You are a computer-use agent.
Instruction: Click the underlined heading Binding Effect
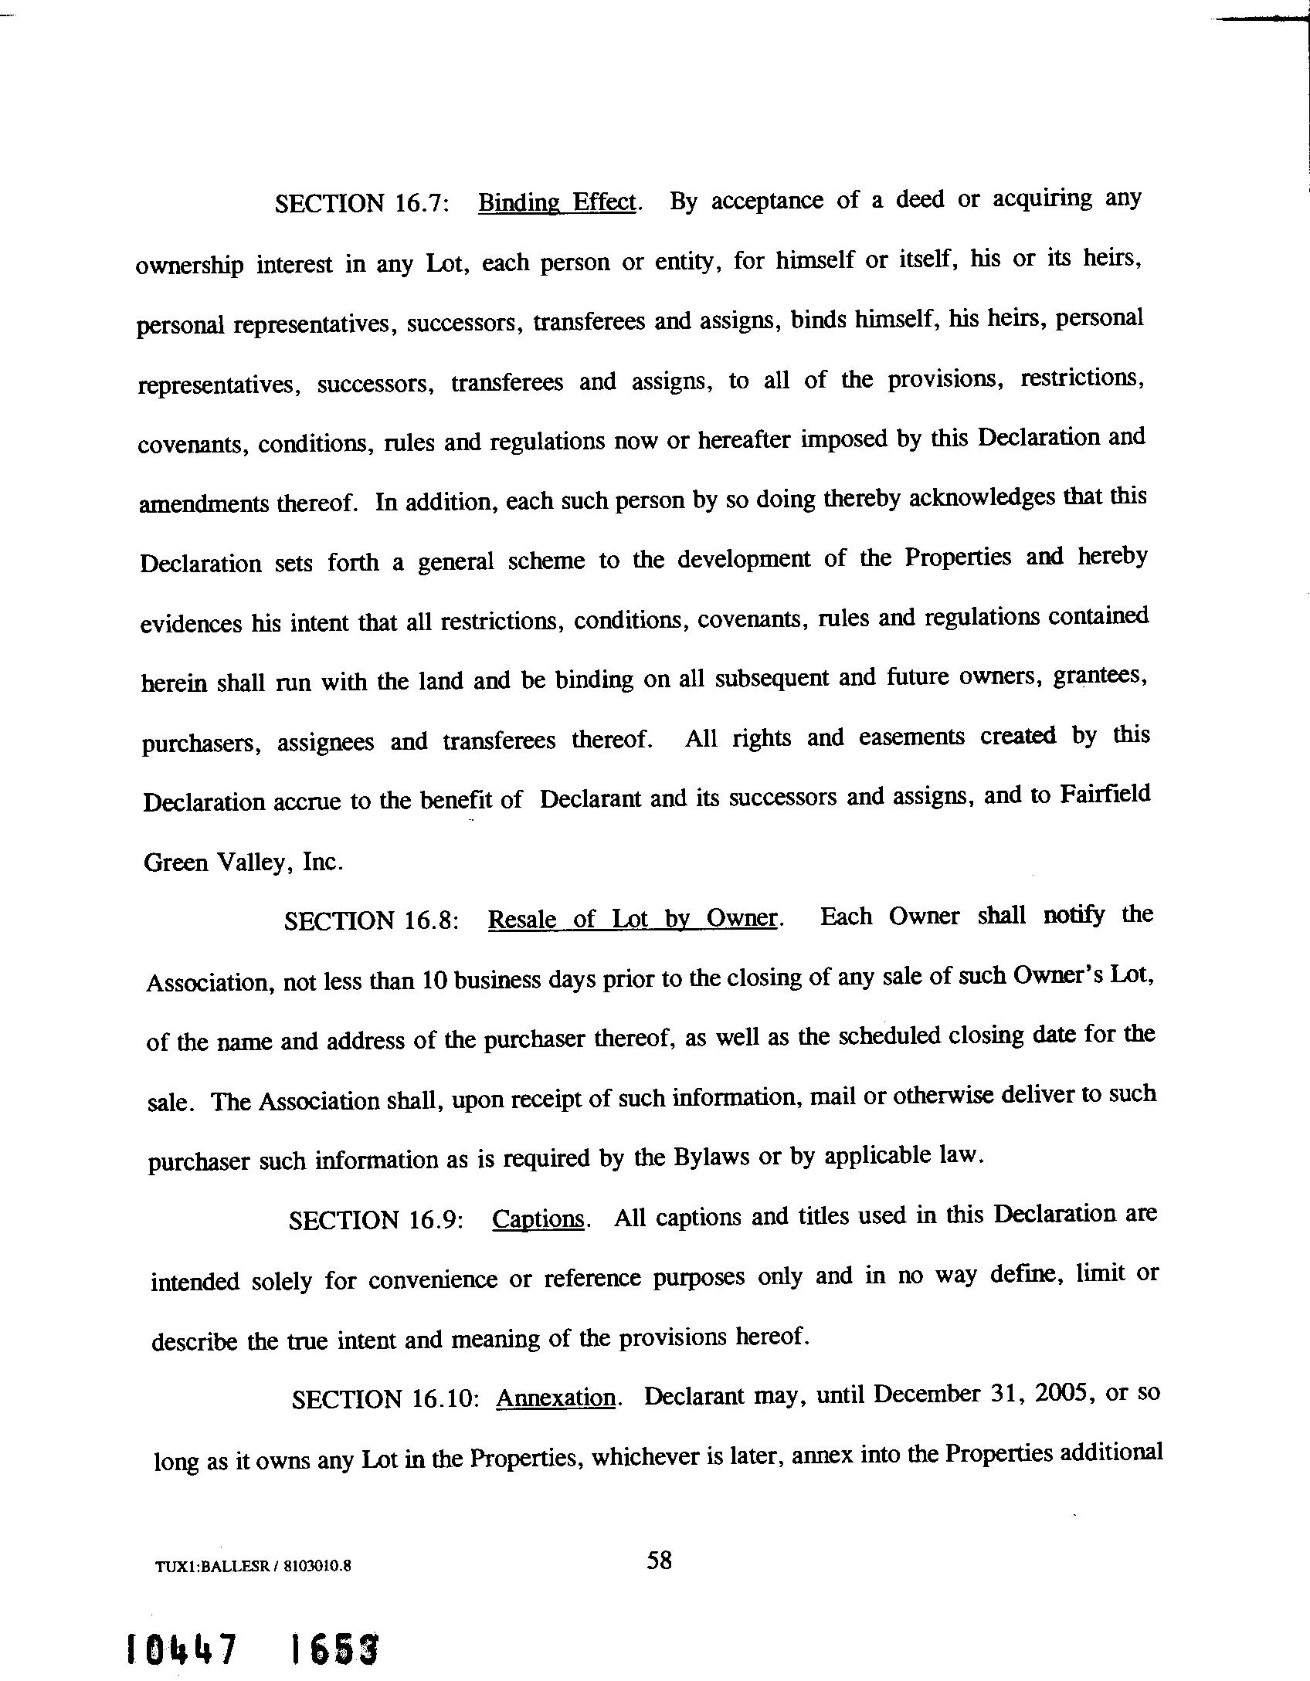[558, 202]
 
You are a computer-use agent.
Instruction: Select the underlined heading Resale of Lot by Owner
[632, 918]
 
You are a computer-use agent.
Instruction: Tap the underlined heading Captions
[539, 1218]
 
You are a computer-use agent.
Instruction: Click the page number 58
[659, 1561]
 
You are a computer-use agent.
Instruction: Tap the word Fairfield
[1105, 795]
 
